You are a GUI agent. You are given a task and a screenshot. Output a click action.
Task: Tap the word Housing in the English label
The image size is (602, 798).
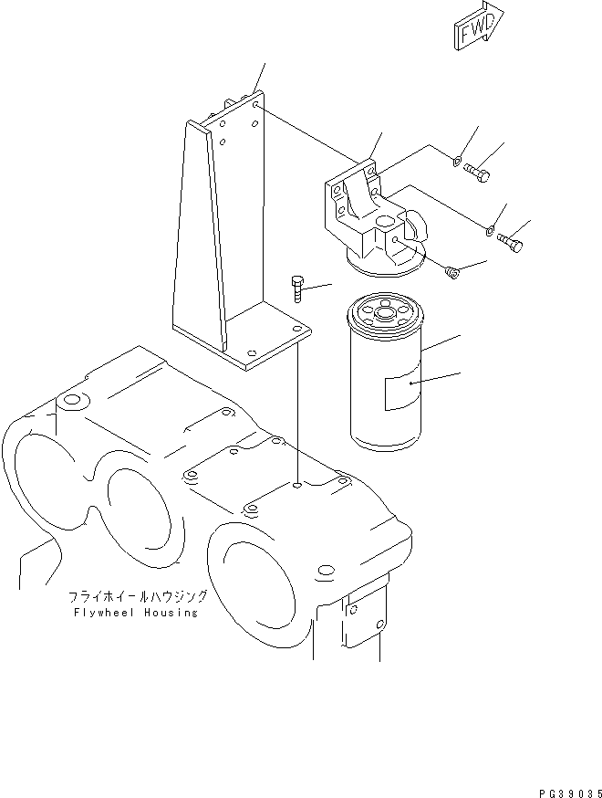[170, 613]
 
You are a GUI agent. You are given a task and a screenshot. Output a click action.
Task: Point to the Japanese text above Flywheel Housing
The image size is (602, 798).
[138, 596]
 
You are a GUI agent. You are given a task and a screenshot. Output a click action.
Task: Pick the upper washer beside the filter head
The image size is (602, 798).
[457, 163]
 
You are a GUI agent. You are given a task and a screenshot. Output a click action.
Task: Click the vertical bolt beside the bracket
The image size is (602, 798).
[296, 289]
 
